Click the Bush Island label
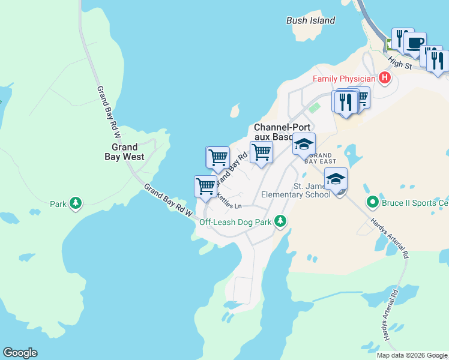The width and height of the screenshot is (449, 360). pos(310,20)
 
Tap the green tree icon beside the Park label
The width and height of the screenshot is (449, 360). pos(76,203)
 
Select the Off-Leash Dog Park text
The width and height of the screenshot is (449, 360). pos(236,221)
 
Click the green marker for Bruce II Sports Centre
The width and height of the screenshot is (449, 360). pos(372,202)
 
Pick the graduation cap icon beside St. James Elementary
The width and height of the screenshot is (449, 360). pos(336,178)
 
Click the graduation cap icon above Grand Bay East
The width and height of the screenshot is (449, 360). pos(304,144)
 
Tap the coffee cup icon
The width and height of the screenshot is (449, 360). pos(415,43)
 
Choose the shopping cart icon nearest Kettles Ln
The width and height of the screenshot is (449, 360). pos(205,186)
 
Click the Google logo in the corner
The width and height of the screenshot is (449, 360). pos(20,353)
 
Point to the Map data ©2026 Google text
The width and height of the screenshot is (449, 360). pos(411,355)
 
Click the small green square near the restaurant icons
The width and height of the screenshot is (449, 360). pos(318,107)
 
